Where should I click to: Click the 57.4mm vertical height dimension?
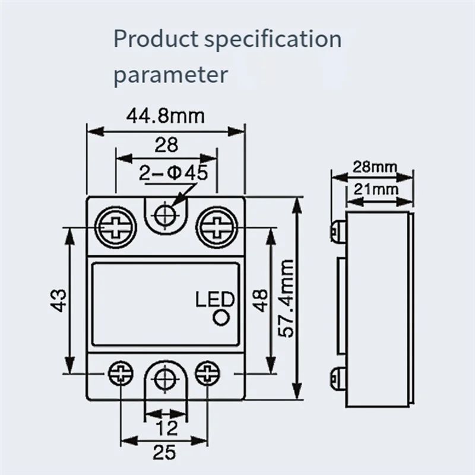click(x=287, y=298)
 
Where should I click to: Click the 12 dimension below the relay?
click(x=166, y=427)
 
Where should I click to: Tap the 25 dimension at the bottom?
click(x=166, y=454)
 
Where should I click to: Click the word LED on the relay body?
click(x=215, y=300)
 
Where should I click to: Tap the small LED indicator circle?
click(x=223, y=319)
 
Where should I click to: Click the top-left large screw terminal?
click(x=115, y=227)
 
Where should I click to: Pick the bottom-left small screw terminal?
click(x=120, y=373)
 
